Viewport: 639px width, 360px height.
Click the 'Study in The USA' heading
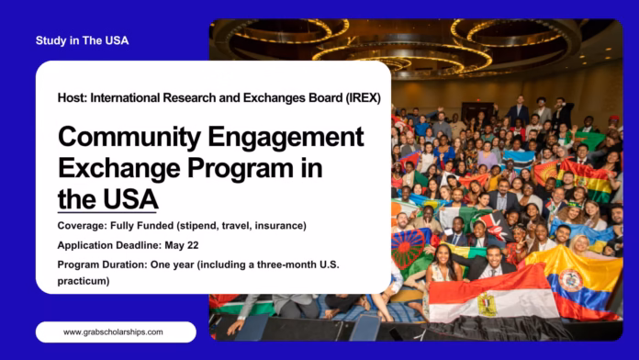coord(82,40)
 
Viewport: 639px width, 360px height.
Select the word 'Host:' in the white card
coord(75,97)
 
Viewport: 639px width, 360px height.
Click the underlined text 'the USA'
coord(107,199)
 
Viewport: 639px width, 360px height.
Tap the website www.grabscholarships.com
coord(115,332)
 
